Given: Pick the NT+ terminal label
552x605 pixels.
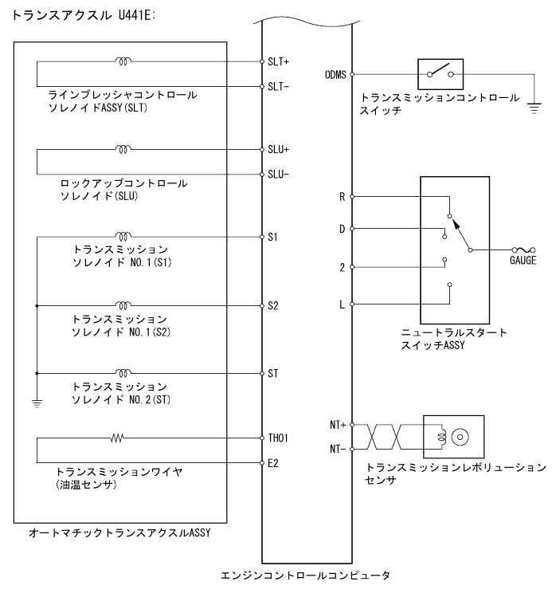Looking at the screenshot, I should click(x=339, y=426).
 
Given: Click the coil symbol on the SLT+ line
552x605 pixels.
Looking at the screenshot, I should click(x=123, y=61).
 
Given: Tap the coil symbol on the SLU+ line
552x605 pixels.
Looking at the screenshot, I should click(x=123, y=149).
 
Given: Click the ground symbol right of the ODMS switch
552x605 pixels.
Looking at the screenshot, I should click(x=534, y=101).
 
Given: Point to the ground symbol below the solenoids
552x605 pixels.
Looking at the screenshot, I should click(x=37, y=403).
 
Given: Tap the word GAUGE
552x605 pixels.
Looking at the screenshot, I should click(x=523, y=261).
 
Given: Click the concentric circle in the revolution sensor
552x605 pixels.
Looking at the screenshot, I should click(x=460, y=437).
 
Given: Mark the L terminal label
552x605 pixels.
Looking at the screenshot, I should click(x=342, y=304).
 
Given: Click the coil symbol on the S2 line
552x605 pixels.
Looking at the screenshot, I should click(x=123, y=304).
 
